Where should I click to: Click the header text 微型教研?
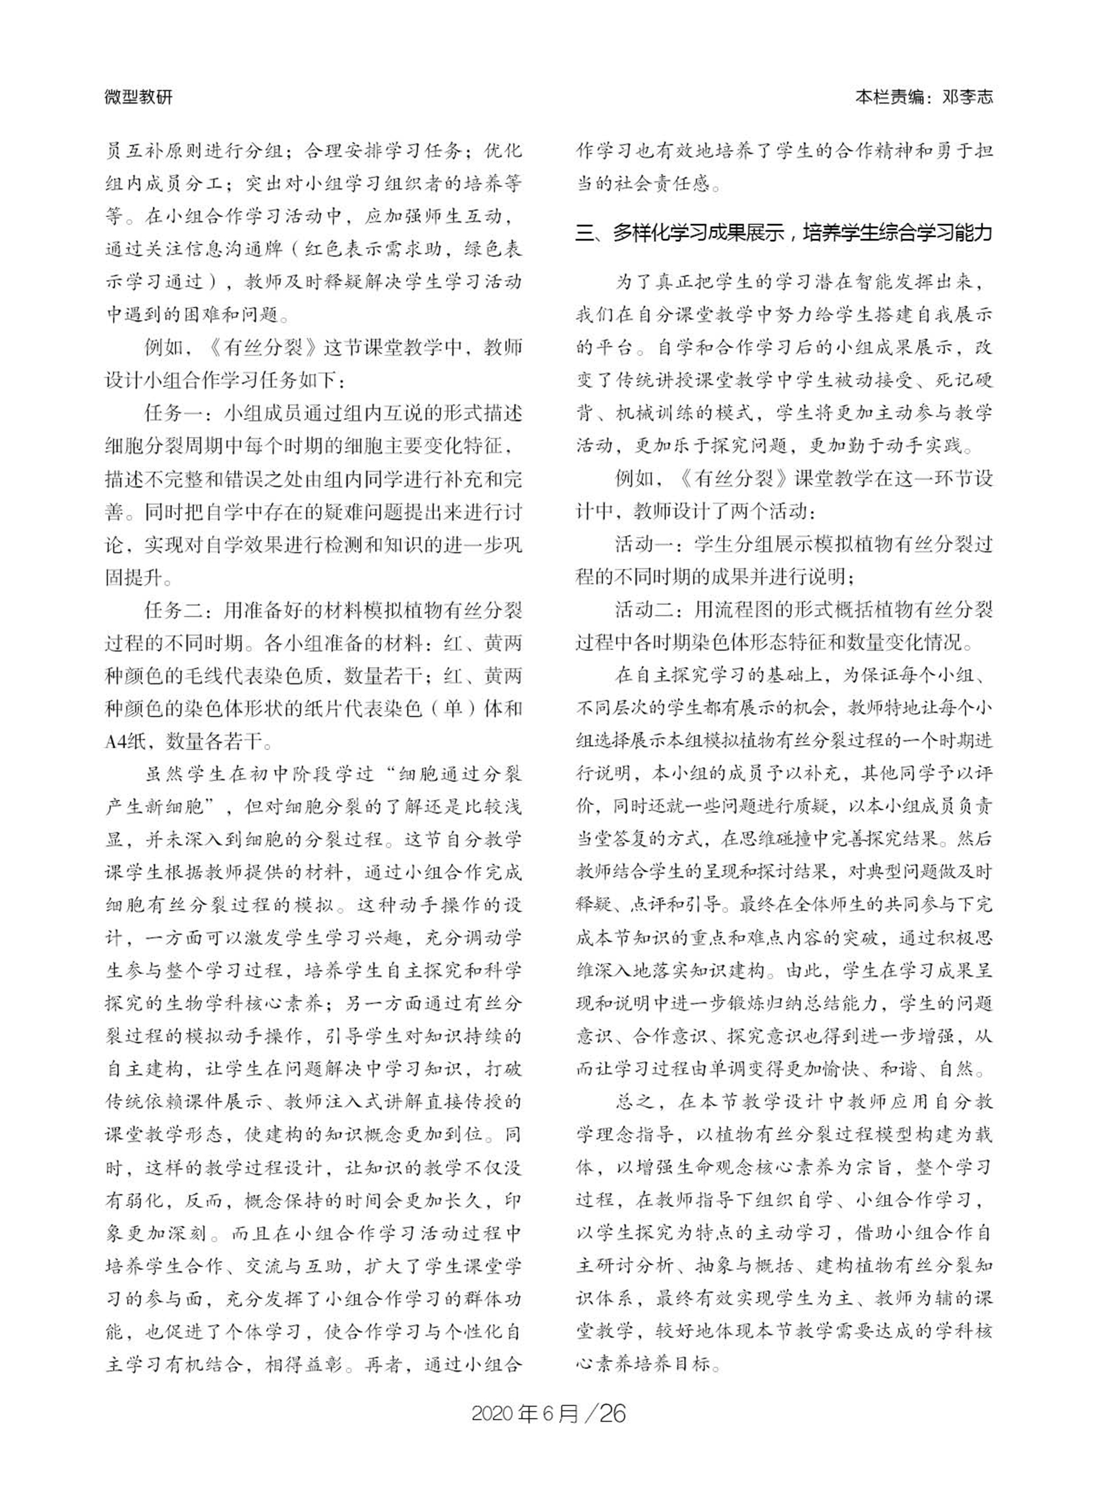138,97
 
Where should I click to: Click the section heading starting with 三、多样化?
784,234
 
